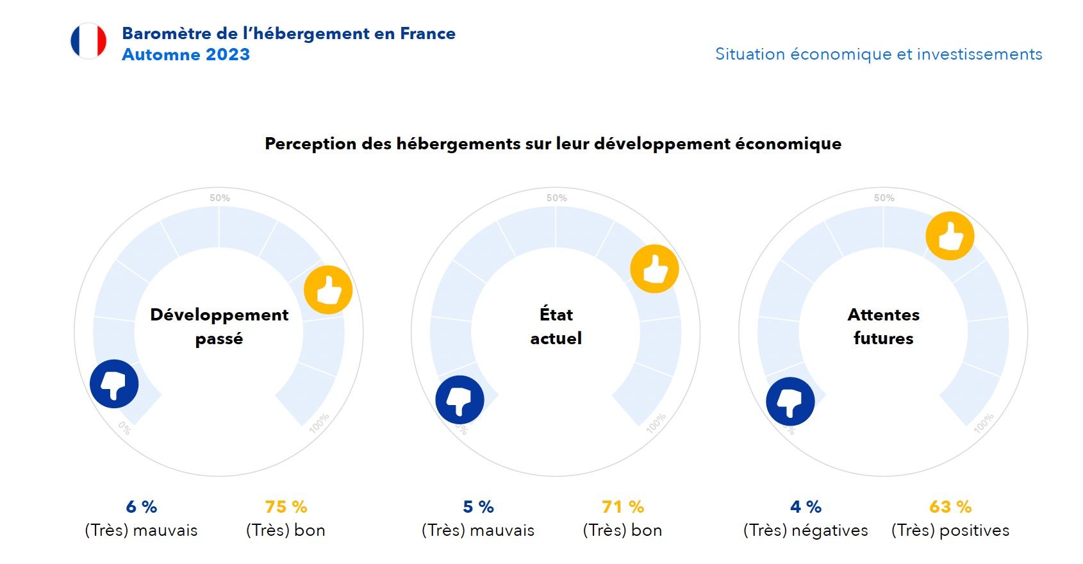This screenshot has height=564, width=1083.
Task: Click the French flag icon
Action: tap(88, 41)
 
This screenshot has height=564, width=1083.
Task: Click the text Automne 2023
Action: tap(186, 54)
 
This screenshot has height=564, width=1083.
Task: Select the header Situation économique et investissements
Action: tap(879, 54)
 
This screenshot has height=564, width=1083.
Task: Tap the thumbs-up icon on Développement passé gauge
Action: tap(328, 290)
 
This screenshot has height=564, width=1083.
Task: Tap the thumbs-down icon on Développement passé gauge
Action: tap(114, 384)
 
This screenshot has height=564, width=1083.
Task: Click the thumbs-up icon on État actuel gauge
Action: tap(654, 269)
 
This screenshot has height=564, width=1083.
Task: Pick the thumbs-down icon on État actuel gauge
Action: tap(459, 399)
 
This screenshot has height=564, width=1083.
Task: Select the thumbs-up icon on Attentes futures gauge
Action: tap(950, 236)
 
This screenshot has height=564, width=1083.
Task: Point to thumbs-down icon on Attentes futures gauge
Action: tap(790, 401)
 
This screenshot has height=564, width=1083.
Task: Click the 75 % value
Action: tap(286, 507)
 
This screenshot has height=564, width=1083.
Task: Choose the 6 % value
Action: tap(142, 507)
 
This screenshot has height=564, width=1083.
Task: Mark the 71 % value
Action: tap(623, 507)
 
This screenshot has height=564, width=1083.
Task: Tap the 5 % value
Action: tap(478, 507)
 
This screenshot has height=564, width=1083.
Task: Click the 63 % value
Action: tap(950, 507)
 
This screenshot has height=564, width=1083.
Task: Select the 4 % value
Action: tap(806, 507)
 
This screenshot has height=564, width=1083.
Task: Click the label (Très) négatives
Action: tap(806, 531)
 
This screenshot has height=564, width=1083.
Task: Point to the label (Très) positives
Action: tap(950, 531)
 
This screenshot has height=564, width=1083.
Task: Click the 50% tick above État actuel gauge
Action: tap(556, 198)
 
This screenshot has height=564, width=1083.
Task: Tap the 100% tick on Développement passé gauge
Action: tap(318, 424)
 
